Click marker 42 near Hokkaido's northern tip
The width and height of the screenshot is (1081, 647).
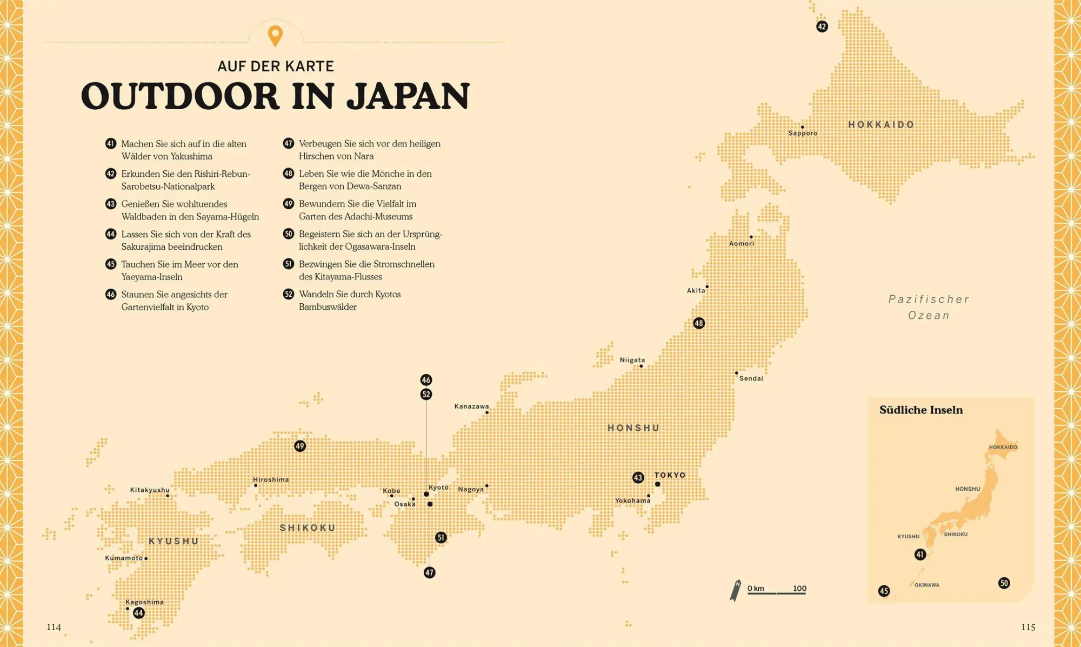coord(822,26)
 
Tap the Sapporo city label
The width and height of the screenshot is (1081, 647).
coord(803,133)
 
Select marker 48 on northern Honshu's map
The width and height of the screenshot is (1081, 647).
coord(699,323)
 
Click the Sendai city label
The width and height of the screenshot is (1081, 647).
coord(751,378)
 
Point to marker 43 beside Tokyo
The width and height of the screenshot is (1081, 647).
coord(638,478)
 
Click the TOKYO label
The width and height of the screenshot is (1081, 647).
coord(670,475)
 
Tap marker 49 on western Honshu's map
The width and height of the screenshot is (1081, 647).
coord(300,446)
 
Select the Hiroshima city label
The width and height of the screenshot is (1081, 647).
coord(271,479)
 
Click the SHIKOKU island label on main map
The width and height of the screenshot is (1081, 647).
coord(308,528)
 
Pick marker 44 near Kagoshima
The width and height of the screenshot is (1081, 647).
coord(139,613)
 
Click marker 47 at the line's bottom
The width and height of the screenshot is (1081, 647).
coord(429,572)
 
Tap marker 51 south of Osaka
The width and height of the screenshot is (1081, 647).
coord(441,537)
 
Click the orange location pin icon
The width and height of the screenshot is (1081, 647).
coord(275,36)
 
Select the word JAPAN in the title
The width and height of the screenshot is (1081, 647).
coord(408,96)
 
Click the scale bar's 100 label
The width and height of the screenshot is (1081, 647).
coord(799,588)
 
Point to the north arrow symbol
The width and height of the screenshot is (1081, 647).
coord(736,591)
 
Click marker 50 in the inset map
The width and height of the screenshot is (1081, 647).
coord(1004,583)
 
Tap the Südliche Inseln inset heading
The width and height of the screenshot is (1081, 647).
coord(921,410)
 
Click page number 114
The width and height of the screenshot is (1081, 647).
coord(54,627)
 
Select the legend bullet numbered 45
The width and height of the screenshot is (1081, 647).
coord(111,264)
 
